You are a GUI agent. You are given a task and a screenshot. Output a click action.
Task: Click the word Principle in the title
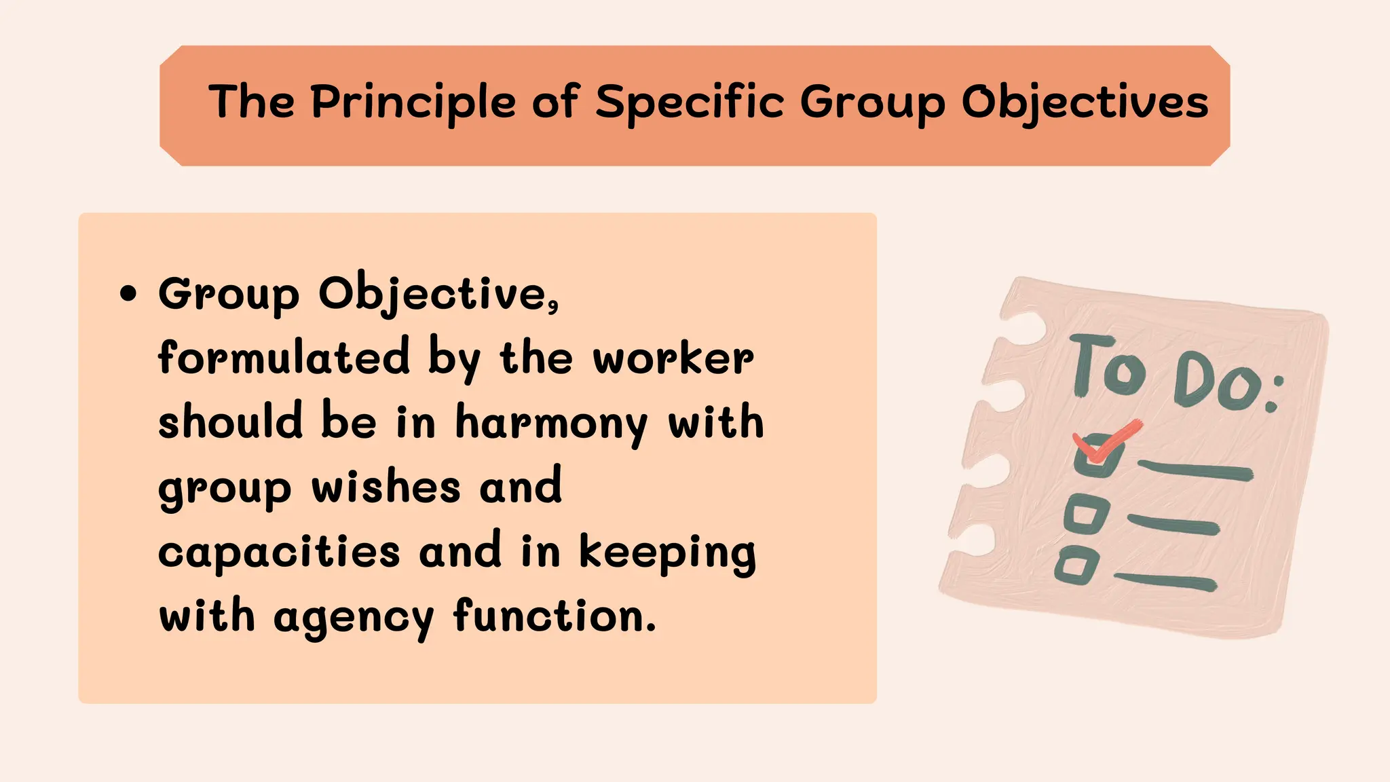(413, 103)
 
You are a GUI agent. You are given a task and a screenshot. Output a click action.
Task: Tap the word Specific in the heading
(690, 103)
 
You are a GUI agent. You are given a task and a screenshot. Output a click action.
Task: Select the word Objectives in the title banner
(1085, 103)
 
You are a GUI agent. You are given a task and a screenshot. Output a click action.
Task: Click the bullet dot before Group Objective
(128, 295)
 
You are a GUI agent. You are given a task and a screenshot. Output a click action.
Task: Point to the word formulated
(284, 357)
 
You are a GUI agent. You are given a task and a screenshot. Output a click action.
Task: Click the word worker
(673, 358)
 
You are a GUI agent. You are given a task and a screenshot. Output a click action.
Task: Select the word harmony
(551, 423)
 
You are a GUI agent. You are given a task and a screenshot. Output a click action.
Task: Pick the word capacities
(279, 552)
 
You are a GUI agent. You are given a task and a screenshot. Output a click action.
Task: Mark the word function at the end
(554, 616)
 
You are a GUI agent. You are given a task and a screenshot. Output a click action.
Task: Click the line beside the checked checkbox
(1195, 470)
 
